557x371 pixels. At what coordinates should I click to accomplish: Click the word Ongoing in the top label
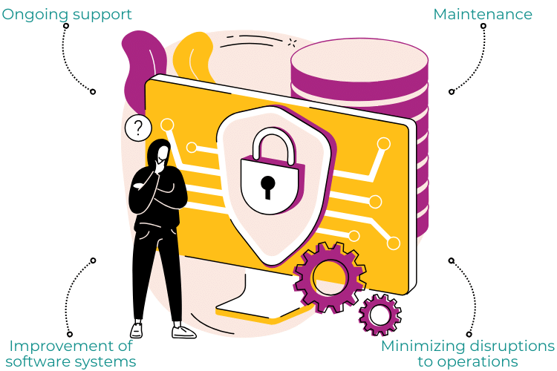point(35,16)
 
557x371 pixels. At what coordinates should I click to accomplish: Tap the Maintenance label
point(483,15)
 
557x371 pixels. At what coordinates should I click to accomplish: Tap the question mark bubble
point(138,128)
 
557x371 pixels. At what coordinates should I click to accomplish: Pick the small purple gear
point(380,315)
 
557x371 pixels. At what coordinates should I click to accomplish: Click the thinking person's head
point(160,154)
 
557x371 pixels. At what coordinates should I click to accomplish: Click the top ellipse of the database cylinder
point(359,60)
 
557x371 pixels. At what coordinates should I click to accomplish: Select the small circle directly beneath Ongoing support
point(65,26)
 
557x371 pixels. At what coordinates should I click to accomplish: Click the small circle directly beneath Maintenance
point(483,26)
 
